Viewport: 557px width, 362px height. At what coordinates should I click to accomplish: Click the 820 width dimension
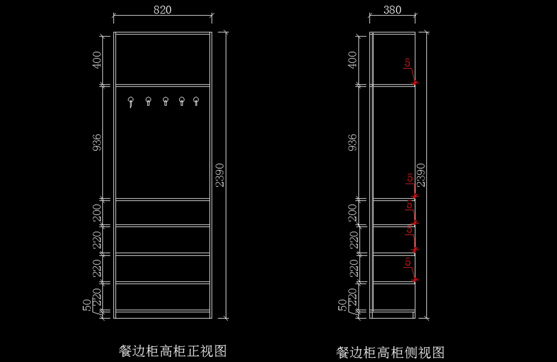(x=162, y=10)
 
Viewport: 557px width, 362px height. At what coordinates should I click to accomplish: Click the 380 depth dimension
(x=393, y=10)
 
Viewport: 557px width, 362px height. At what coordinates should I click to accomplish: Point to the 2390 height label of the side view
(x=421, y=175)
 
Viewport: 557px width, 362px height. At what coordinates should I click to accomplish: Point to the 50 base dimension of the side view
(x=343, y=305)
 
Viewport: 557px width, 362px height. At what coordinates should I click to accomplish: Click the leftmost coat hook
(x=131, y=101)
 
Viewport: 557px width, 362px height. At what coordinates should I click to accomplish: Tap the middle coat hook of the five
(x=165, y=101)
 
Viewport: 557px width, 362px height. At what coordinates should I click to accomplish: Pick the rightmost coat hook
(x=196, y=101)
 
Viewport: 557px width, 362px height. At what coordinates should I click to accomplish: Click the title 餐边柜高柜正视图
(x=173, y=350)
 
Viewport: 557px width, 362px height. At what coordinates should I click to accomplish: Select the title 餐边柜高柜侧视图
(x=390, y=352)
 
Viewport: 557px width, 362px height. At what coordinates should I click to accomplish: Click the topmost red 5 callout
(x=407, y=63)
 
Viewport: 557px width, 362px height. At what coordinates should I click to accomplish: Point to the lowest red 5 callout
(x=408, y=262)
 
